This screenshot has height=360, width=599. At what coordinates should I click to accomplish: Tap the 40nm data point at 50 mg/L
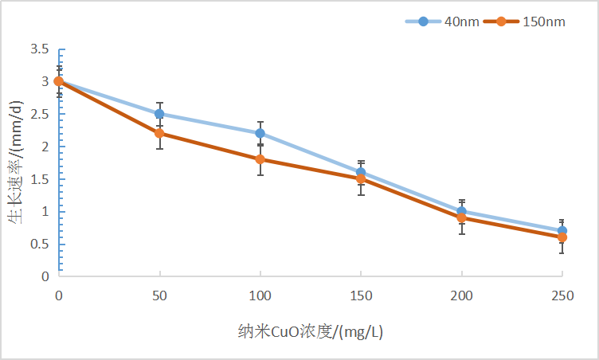[159, 114]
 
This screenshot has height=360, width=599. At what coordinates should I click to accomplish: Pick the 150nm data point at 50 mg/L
[159, 133]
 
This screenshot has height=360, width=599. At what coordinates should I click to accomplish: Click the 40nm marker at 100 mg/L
[260, 133]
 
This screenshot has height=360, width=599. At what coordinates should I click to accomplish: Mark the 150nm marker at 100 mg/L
[260, 159]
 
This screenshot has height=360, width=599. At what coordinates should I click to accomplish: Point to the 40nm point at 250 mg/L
[562, 231]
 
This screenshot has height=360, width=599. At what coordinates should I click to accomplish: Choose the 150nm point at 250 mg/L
[562, 237]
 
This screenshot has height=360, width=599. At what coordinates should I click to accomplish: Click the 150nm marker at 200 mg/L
[461, 217]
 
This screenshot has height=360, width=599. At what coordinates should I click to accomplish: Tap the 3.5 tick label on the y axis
[40, 49]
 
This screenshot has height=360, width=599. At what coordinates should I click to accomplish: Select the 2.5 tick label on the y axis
[40, 114]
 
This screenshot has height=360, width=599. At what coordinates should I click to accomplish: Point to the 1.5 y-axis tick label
[40, 179]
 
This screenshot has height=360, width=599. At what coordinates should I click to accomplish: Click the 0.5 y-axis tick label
[40, 244]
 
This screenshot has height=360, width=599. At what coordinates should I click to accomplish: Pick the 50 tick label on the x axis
[159, 295]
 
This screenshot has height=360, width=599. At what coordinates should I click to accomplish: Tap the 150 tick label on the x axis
[361, 295]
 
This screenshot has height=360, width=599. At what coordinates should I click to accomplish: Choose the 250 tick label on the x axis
[562, 295]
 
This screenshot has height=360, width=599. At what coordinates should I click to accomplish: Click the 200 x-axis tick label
[461, 295]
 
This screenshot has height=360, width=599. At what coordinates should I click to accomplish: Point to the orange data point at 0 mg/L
[59, 81]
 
